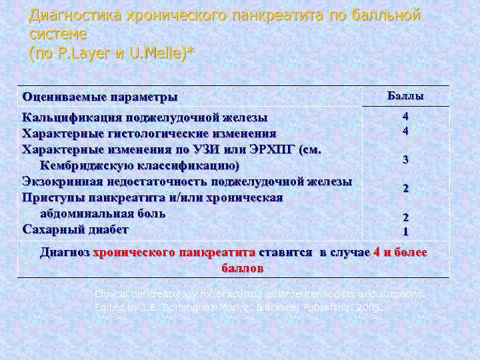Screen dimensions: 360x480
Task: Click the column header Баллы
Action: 405,96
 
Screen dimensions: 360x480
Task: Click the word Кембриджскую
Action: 87,165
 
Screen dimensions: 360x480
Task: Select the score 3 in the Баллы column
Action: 405,160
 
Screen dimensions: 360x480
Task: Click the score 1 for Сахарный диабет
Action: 405,232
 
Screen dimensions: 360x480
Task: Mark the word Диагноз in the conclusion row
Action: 65,253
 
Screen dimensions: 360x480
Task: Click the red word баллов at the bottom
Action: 241,268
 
